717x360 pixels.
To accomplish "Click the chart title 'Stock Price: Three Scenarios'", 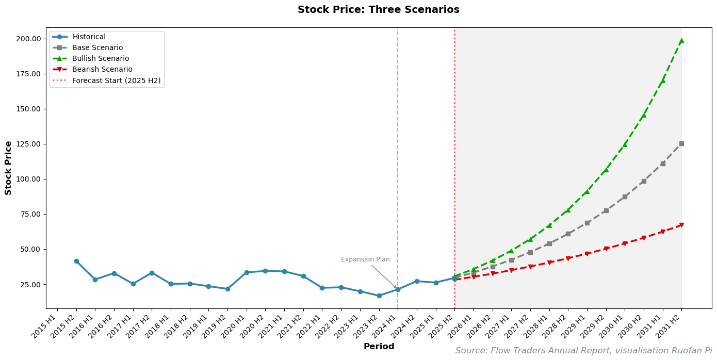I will click(378, 10).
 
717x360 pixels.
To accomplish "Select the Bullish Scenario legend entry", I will click(101, 59).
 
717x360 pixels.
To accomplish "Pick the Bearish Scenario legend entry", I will click(102, 70).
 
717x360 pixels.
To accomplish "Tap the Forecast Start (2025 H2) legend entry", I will click(116, 80).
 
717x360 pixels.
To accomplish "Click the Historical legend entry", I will click(89, 37).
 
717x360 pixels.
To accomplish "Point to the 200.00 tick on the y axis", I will click(28, 39).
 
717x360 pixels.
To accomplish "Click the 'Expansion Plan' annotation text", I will click(365, 260).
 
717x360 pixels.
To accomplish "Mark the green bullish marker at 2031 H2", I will click(681, 41).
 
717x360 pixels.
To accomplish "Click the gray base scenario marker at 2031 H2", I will click(681, 143).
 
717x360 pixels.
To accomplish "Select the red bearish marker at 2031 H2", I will click(681, 225).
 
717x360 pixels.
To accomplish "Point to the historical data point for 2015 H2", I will click(76, 261).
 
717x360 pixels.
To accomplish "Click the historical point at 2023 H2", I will click(379, 296).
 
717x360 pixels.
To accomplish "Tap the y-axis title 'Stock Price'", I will click(8, 168).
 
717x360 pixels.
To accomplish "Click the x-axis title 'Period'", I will click(379, 347).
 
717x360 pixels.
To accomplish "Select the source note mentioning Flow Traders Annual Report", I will click(583, 351).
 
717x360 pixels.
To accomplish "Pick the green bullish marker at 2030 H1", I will click(625, 144).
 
